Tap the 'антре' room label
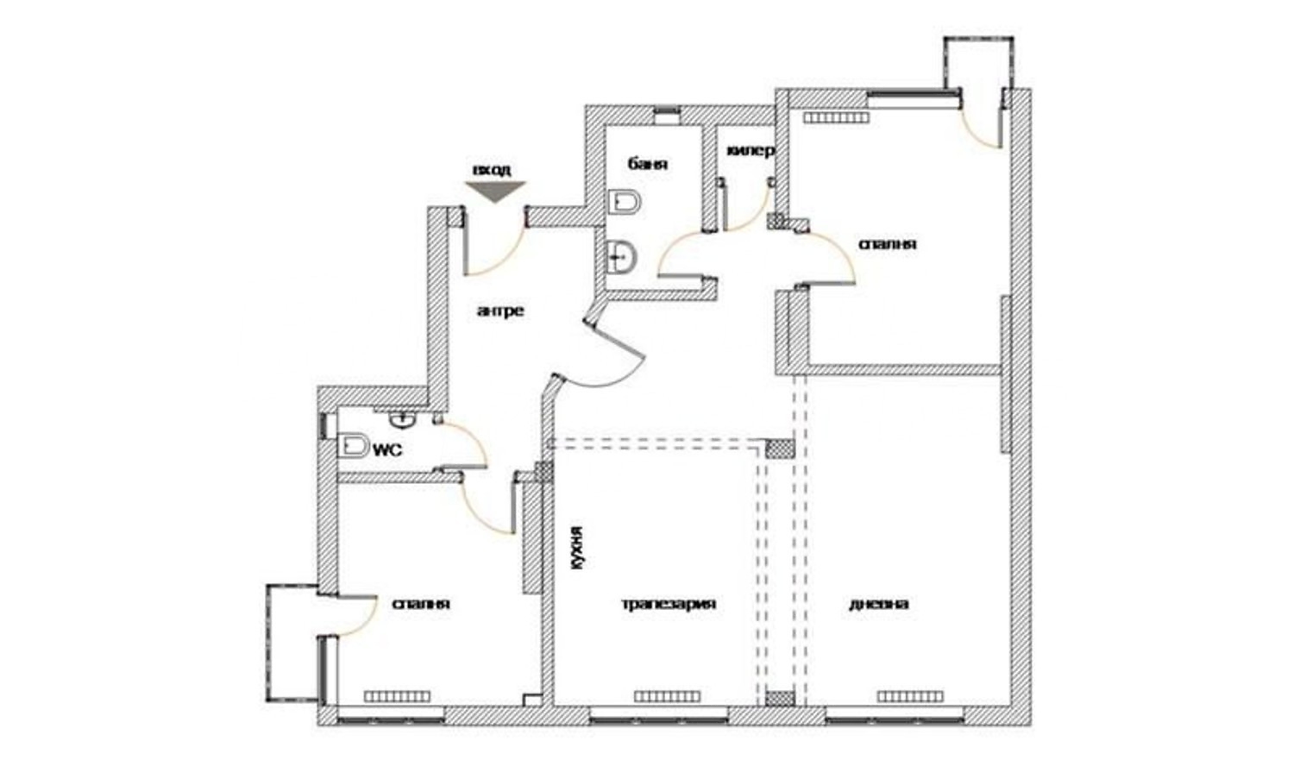pos(501,311)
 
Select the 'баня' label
pos(648,164)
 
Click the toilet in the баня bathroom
pos(625,203)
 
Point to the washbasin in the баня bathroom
pos(621,257)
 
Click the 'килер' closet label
pos(750,151)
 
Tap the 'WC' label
pos(387,450)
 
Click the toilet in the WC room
pos(354,446)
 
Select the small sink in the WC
pos(402,420)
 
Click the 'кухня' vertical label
pos(577,549)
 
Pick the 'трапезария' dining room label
pos(669,604)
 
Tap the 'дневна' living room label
pos(879,604)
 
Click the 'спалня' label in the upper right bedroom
pos(888,244)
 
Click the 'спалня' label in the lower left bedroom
pos(421,604)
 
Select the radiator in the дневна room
pos(910,696)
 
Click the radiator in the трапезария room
pos(667,696)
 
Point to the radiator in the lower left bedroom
pos(397,696)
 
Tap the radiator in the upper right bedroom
pos(837,118)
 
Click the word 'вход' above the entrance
pos(493,170)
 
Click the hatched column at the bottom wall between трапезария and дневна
pos(779,699)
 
